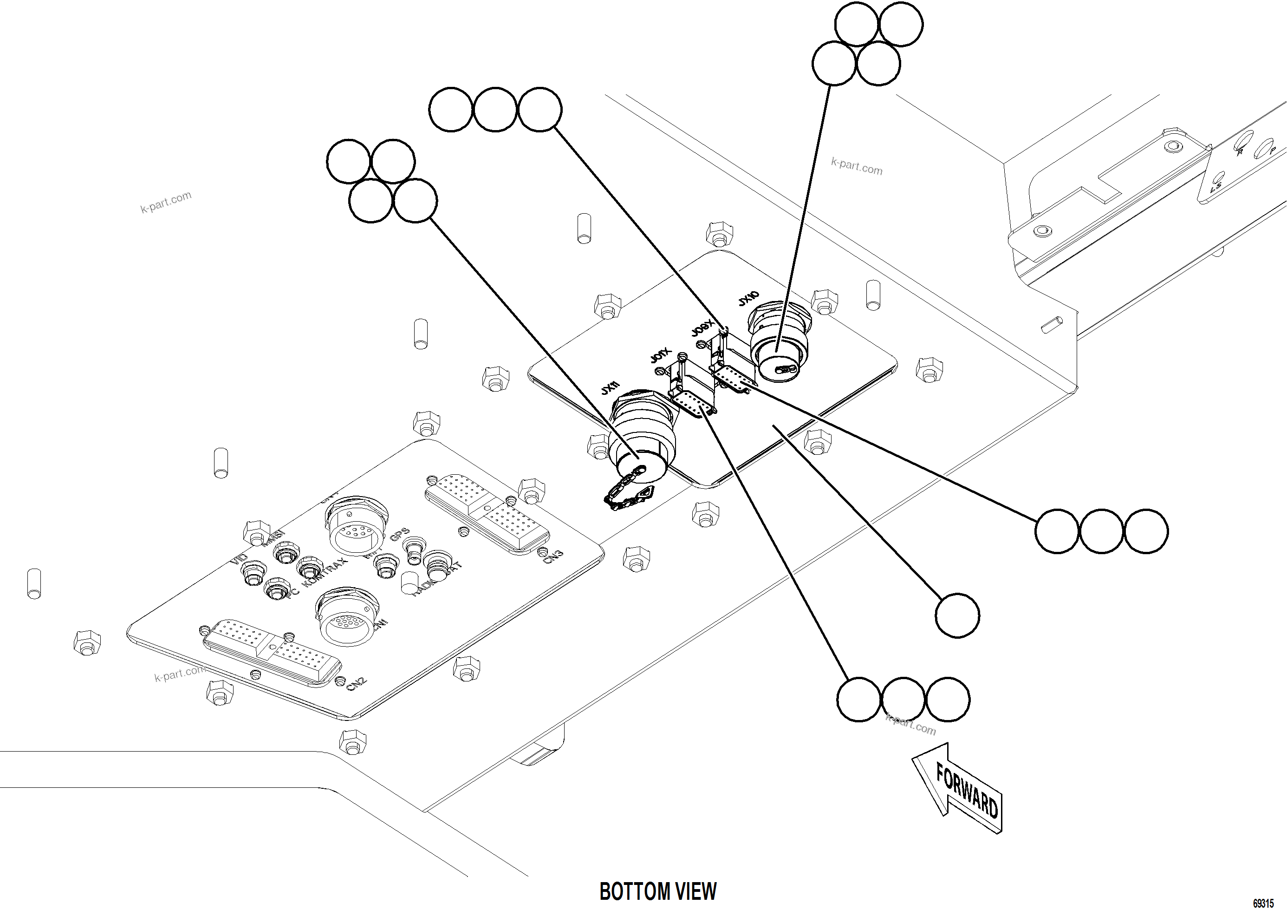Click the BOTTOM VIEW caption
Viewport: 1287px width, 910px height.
pos(657,891)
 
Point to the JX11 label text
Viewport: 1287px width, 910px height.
pos(610,387)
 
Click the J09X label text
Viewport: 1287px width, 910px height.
pos(702,328)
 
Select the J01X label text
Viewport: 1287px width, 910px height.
pos(660,355)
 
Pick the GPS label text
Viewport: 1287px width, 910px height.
pos(400,534)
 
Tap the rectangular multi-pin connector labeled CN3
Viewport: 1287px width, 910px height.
pos(487,513)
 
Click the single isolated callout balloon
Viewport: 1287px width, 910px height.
pos(957,615)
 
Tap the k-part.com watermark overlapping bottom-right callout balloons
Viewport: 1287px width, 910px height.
pos(911,725)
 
